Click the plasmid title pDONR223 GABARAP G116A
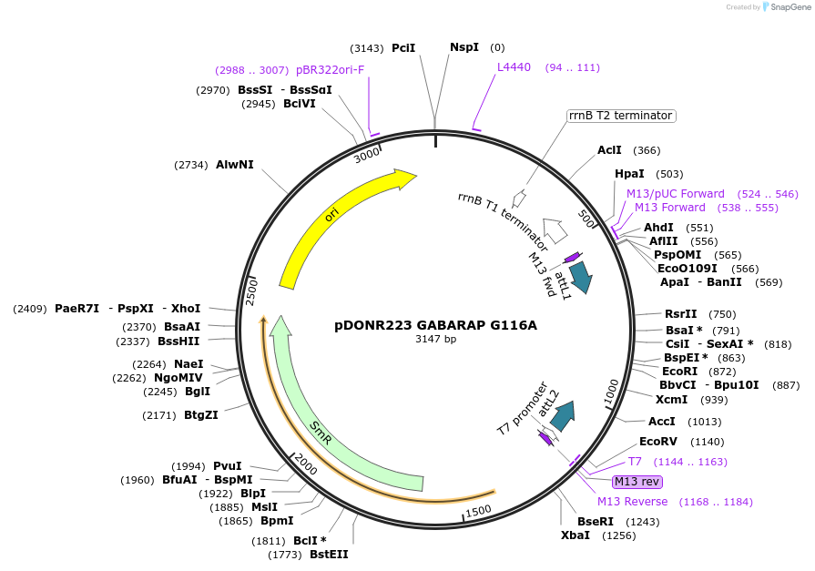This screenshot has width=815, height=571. (x=435, y=324)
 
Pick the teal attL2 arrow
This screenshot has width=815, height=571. (x=563, y=413)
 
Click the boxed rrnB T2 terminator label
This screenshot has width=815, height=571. (x=620, y=116)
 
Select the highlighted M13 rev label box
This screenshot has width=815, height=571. (x=637, y=482)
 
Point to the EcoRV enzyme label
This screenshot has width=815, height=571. (x=657, y=442)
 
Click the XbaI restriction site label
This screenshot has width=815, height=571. (x=576, y=535)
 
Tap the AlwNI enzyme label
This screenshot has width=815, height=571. (x=234, y=165)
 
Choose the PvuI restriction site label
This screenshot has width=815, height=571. (x=227, y=466)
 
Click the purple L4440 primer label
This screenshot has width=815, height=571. (x=514, y=67)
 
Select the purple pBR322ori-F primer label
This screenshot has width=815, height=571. (x=330, y=70)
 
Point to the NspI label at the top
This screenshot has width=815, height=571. (x=464, y=47)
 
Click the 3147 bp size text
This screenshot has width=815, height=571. (x=435, y=340)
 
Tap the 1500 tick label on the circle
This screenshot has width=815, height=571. (x=478, y=512)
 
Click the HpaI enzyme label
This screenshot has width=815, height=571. (x=629, y=174)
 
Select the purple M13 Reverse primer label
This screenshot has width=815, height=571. (x=632, y=502)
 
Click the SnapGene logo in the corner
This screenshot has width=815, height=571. (x=784, y=7)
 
